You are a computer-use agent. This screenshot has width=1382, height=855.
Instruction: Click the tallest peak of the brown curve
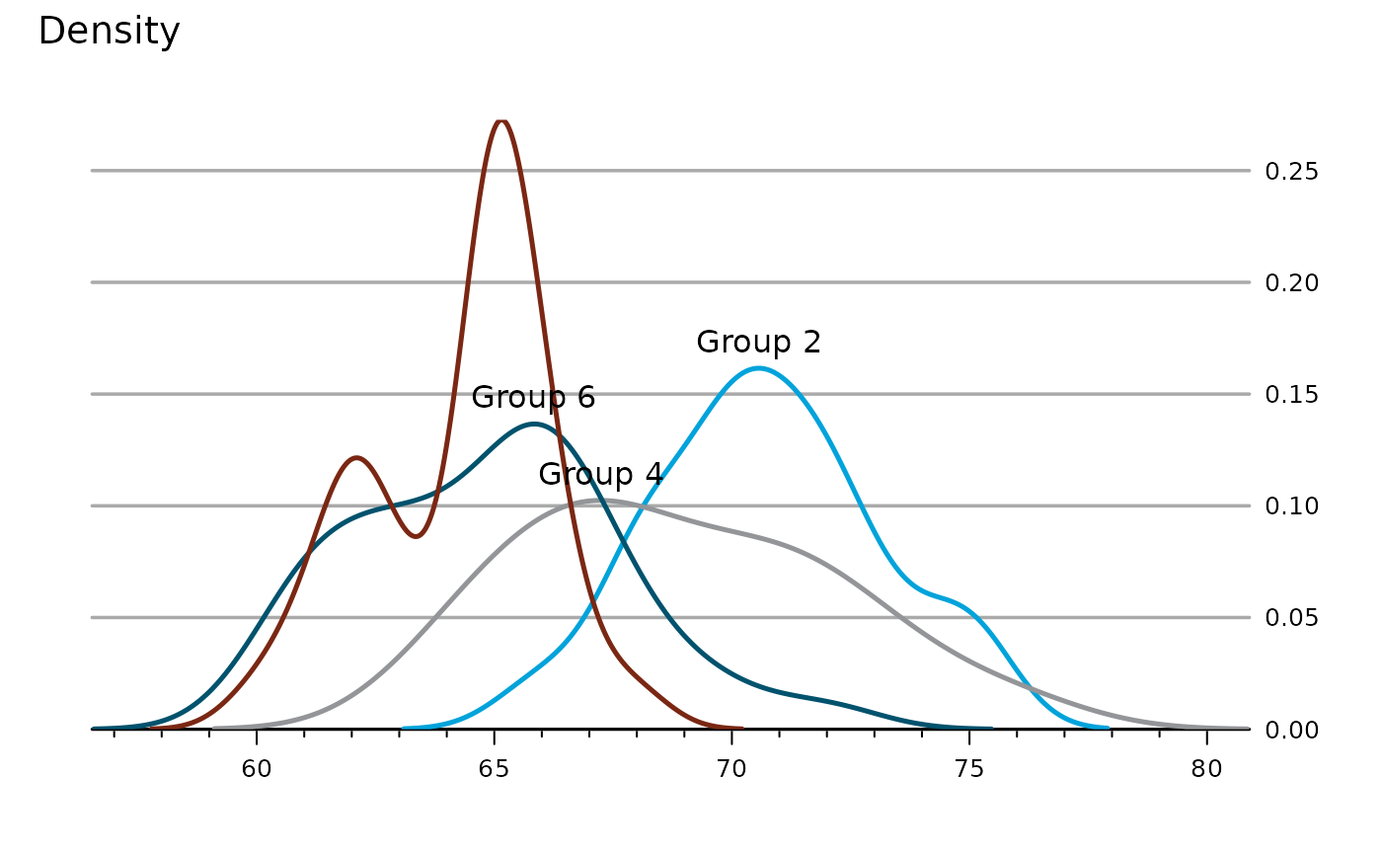coord(501,121)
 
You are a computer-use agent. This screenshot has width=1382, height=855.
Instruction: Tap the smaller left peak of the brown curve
coord(355,457)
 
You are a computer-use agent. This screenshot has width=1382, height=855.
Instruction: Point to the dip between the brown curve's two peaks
coord(417,536)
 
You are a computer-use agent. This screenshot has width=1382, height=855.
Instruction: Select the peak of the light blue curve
coord(758,368)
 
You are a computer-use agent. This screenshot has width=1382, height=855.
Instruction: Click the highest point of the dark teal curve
coord(534,424)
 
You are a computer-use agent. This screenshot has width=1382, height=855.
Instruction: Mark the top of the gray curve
coord(595,501)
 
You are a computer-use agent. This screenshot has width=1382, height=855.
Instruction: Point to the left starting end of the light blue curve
coord(404,728)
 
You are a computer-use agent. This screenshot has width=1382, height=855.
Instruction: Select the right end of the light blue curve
coord(1108,728)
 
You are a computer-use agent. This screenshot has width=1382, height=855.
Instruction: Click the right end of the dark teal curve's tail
coord(990,728)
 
